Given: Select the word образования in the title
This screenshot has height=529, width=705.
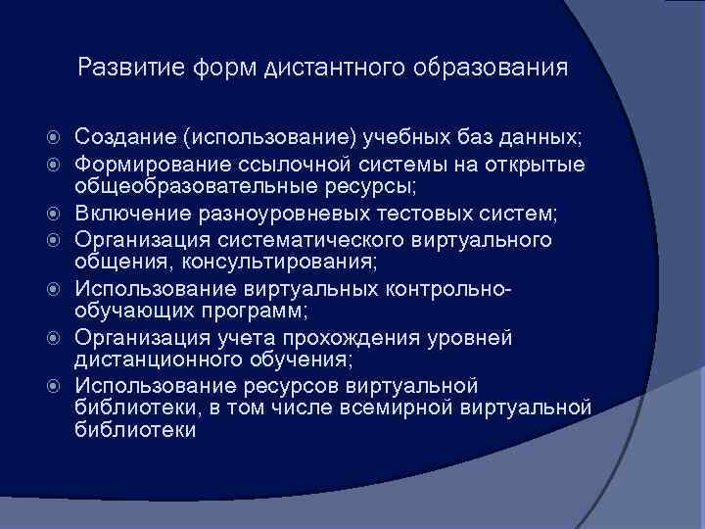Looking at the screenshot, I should point(491,69).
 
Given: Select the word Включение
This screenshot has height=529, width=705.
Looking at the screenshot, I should point(130,213).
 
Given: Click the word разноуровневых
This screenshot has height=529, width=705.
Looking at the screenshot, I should point(276,213).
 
